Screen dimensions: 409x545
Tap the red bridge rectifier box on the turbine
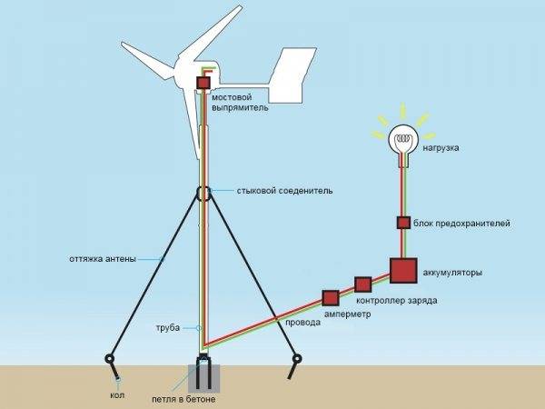(203, 84)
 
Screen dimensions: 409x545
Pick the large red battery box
(402, 270)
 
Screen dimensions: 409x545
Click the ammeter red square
(330, 297)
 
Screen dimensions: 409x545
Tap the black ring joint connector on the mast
(203, 193)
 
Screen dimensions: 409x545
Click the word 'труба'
(169, 326)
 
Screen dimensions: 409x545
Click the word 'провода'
(303, 322)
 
